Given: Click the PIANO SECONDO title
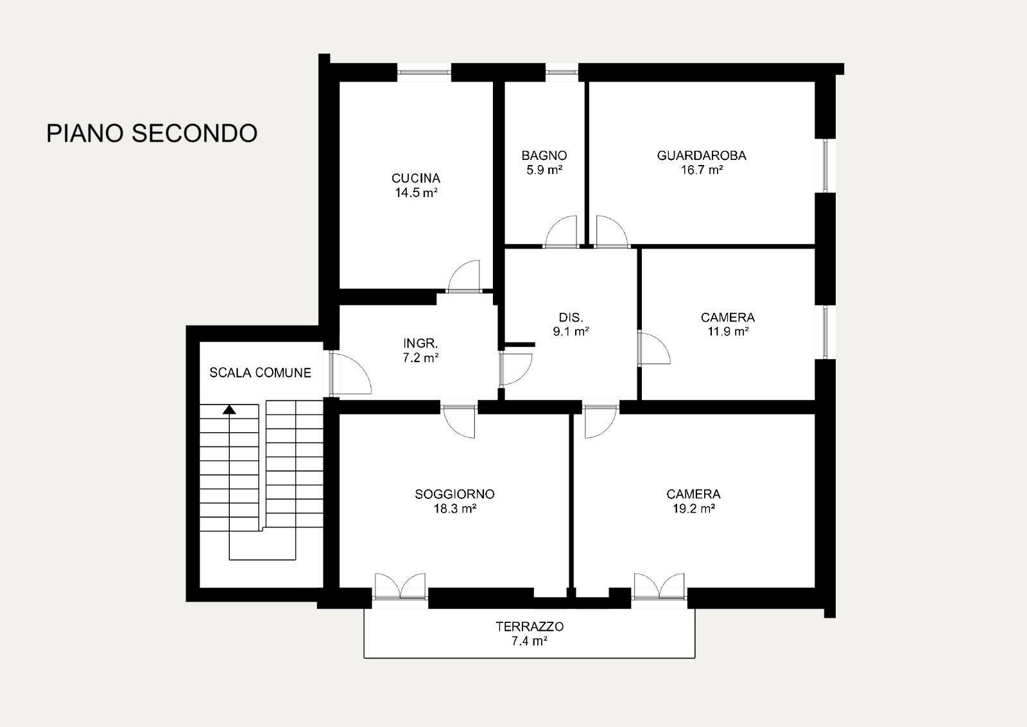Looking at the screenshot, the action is tap(151, 134).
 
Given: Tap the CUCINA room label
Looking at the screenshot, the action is tap(416, 178).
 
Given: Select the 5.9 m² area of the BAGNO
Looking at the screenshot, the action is tap(544, 170).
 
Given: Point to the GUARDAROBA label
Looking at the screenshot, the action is tap(702, 155).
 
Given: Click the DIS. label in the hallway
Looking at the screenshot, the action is tap(571, 317).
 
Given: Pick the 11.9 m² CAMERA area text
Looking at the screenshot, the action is tap(728, 331).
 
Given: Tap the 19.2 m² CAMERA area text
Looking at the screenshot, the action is tap(694, 508).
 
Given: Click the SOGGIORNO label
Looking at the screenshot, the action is tap(455, 494).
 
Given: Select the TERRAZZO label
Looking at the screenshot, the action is tap(530, 627).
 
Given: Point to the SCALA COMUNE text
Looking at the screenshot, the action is tap(261, 373).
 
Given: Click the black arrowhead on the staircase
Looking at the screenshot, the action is tap(229, 410).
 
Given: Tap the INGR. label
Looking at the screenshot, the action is tap(420, 343).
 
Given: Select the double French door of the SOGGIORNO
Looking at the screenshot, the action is tap(401, 586).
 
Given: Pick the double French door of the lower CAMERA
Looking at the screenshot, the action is tap(659, 586).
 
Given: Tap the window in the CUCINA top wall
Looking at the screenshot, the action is tap(424, 72).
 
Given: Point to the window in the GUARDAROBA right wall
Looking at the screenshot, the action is tap(825, 165).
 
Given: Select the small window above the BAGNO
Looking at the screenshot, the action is tap(562, 72).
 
